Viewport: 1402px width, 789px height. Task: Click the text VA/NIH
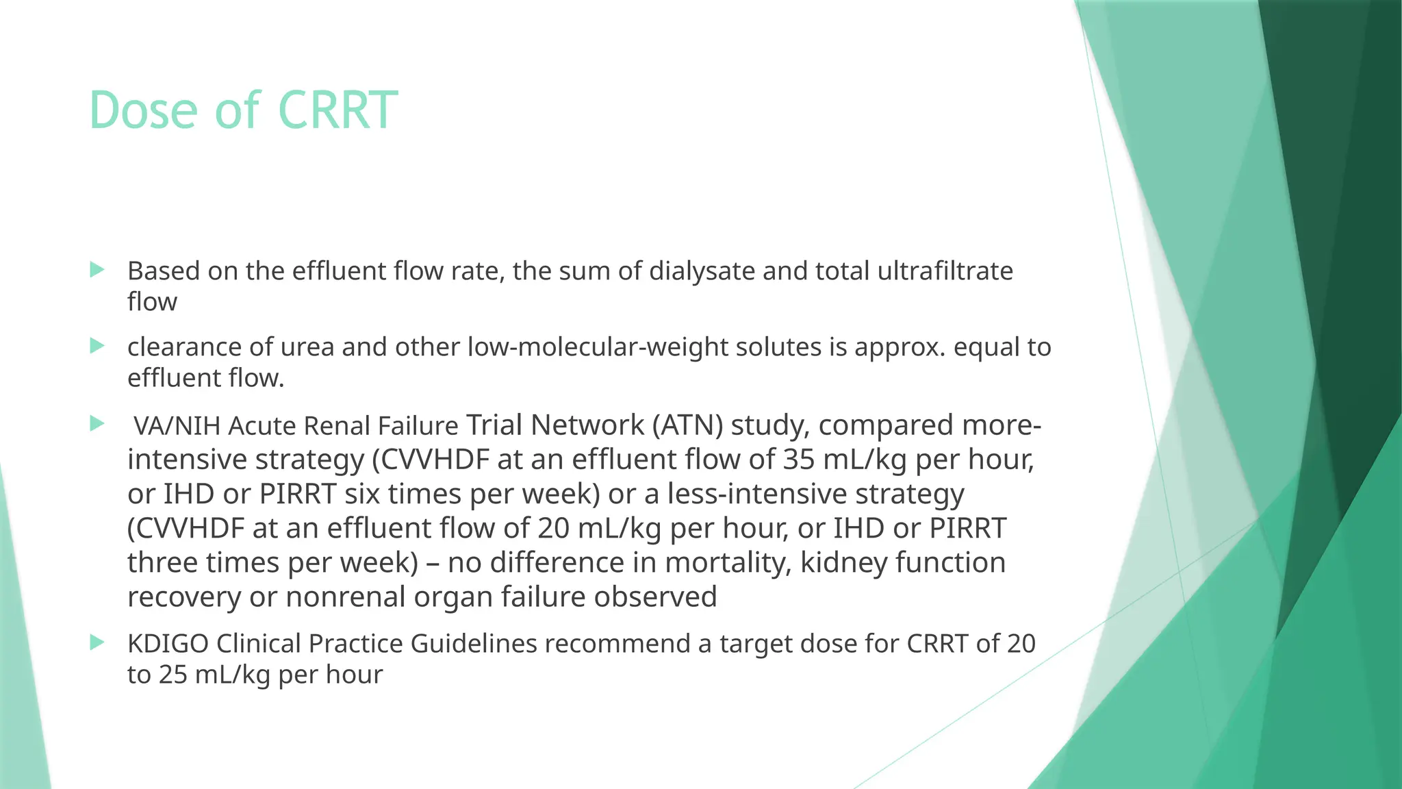(177, 426)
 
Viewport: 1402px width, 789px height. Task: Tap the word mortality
(728, 562)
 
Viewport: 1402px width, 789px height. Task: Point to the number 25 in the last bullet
(173, 675)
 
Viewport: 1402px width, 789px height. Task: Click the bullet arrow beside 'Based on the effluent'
(97, 270)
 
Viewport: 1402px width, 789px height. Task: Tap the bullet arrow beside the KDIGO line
(97, 642)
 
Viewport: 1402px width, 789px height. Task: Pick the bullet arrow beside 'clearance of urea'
(97, 346)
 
